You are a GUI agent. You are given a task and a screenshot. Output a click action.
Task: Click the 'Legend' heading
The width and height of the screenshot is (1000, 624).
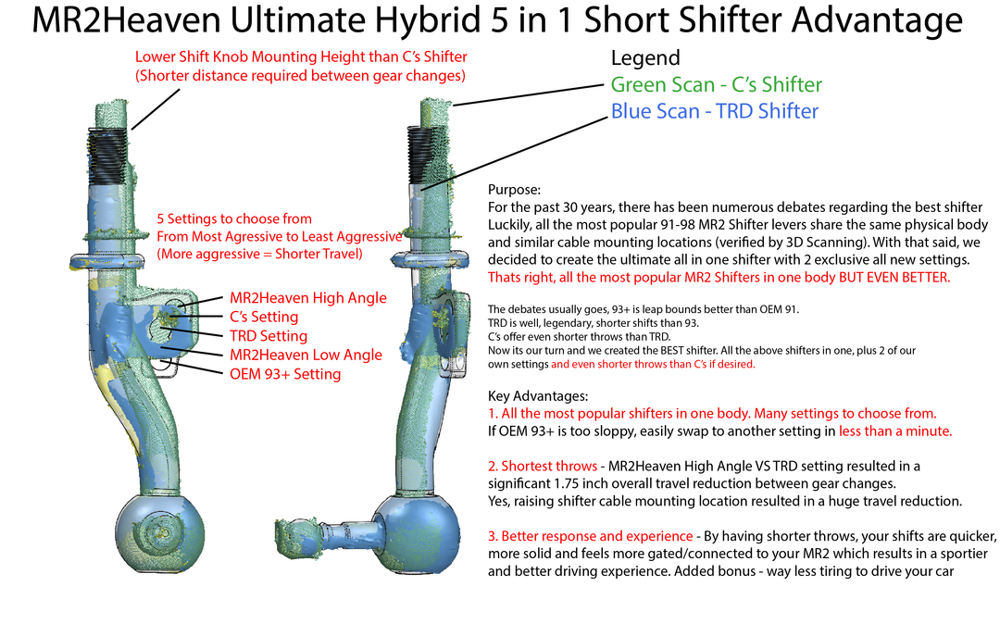[645, 58]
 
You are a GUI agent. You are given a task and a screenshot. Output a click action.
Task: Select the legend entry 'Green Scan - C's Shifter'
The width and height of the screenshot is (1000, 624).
[716, 84]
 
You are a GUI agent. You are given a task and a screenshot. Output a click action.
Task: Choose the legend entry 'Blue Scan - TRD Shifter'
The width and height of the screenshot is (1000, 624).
[714, 111]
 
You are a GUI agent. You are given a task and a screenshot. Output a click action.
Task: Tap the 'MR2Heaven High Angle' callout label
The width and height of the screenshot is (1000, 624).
[308, 298]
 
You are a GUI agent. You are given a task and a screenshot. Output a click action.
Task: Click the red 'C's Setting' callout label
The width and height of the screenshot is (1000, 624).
[264, 317]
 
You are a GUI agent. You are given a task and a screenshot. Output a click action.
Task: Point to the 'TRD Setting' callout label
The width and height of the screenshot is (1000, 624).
[269, 336]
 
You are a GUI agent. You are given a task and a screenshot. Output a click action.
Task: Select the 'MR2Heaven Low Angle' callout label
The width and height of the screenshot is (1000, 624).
[306, 355]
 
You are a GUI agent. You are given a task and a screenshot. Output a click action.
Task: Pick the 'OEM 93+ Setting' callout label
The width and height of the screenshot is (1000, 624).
[285, 374]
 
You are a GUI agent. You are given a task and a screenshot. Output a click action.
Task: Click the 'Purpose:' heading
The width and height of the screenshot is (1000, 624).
[514, 190]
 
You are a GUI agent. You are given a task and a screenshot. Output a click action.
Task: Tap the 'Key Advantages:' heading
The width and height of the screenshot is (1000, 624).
[539, 396]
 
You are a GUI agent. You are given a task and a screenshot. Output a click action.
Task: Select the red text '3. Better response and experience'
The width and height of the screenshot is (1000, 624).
[590, 536]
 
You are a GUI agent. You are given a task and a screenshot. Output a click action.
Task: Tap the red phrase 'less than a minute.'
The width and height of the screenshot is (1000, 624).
[895, 431]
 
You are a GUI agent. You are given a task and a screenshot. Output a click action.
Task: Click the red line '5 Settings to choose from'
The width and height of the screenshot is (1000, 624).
[234, 219]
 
